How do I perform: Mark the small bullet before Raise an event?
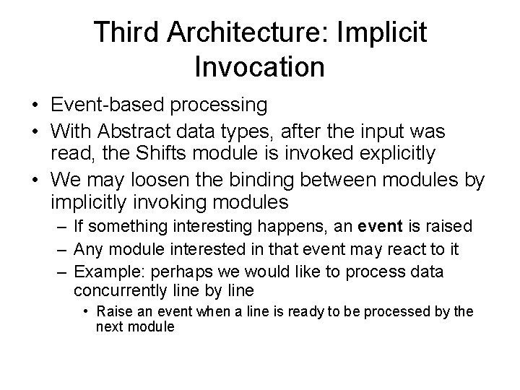click(x=86, y=312)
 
